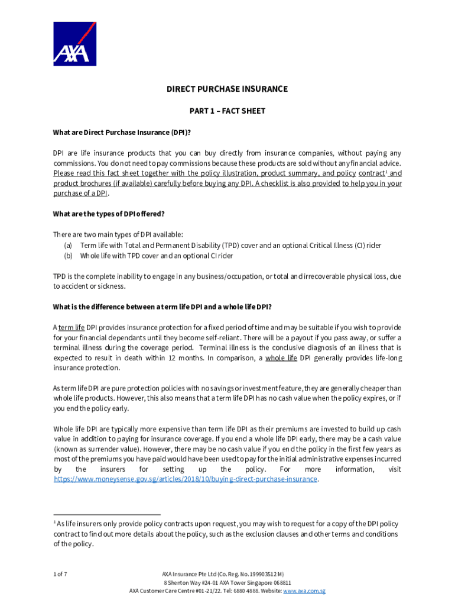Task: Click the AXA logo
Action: click(74, 44)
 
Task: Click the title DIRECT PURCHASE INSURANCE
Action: click(227, 89)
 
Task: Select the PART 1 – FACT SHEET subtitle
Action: click(227, 111)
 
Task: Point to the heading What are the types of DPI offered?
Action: click(108, 214)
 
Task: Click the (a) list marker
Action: click(68, 245)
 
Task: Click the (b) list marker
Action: click(68, 256)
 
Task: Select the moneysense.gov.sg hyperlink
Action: click(186, 479)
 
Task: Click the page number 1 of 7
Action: click(60, 573)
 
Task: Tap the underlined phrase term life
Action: click(71, 327)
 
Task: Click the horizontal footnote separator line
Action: click(107, 515)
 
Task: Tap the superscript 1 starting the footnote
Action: click(55, 523)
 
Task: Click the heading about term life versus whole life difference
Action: click(162, 307)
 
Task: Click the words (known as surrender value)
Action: click(94, 449)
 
